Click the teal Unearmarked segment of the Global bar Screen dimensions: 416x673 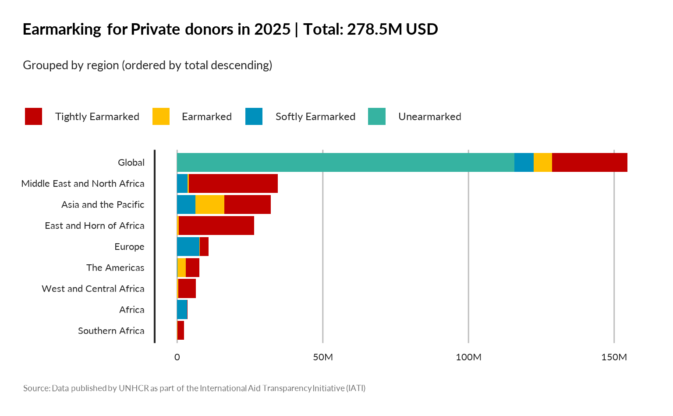pos(345,163)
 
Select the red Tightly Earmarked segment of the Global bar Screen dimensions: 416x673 pos(589,163)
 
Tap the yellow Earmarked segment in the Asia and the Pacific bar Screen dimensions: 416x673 pos(209,205)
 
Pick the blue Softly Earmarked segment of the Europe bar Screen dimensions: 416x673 pos(188,247)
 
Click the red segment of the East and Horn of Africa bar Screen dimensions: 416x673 pos(216,226)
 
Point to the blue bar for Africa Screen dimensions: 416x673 pos(182,310)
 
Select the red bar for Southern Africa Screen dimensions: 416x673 pos(181,331)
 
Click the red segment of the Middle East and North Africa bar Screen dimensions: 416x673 pos(233,184)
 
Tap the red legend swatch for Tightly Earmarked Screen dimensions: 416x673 pos(34,117)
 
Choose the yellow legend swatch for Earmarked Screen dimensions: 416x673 pos(161,117)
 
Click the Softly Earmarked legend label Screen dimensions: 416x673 pos(315,117)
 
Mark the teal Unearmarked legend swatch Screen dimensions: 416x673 pos(377,117)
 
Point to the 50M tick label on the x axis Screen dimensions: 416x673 pos(323,357)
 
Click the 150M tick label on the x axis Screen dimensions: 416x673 pos(614,357)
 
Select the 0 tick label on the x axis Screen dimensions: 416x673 pos(177,357)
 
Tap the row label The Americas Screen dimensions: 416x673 pos(115,268)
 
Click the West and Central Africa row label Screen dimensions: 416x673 pos(93,289)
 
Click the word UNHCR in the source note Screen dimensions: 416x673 pos(134,388)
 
